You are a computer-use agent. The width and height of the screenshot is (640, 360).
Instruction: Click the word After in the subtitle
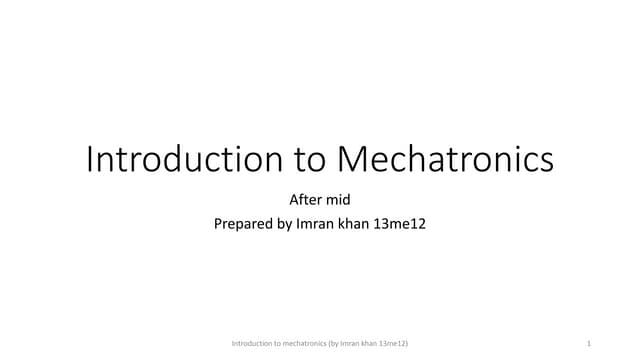305,200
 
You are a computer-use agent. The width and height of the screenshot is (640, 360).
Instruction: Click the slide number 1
591,344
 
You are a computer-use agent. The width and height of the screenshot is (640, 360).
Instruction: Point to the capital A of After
294,200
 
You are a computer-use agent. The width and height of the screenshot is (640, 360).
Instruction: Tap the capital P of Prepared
219,224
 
